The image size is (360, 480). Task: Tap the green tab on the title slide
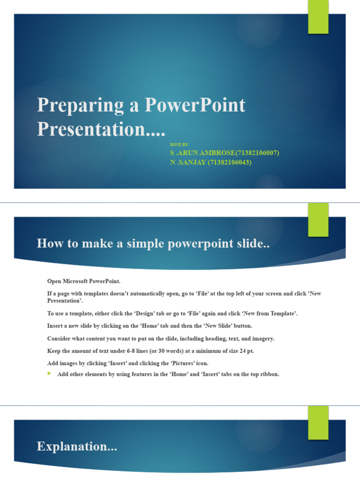pos(318,17)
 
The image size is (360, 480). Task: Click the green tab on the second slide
pos(318,219)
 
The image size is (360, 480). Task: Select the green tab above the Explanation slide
pos(318,422)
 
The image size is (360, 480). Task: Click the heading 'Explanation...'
pos(77,447)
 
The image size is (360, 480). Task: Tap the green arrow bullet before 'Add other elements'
pos(50,374)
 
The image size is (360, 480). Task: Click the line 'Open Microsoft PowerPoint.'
pos(84,281)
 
